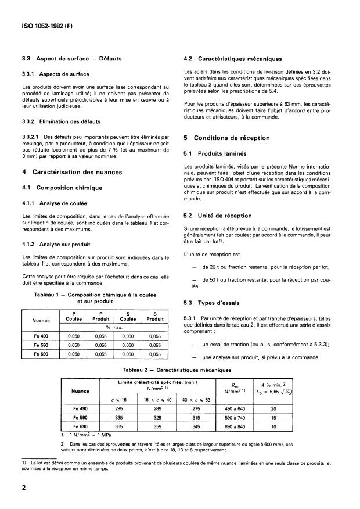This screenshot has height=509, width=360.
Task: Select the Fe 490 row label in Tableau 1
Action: (x=41, y=336)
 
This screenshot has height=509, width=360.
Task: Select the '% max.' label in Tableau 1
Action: (x=113, y=327)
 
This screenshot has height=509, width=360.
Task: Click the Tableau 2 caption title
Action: (x=181, y=370)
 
